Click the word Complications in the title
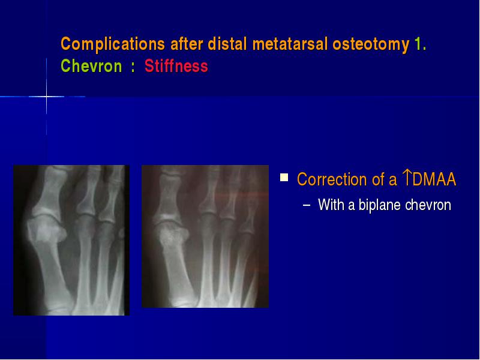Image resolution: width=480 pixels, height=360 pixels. [x=113, y=44]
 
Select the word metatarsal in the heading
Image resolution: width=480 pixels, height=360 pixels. [x=290, y=44]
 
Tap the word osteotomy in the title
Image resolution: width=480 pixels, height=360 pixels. [x=371, y=44]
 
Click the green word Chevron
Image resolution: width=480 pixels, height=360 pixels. [x=92, y=66]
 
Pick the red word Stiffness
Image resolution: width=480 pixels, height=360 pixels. [x=176, y=66]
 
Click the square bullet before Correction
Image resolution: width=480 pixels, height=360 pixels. [x=284, y=178]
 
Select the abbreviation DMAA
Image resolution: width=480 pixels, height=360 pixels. [x=434, y=179]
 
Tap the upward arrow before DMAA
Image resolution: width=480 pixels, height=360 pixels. [x=407, y=178]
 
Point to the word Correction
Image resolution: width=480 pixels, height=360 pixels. [x=332, y=179]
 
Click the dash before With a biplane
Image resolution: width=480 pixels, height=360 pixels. [x=306, y=205]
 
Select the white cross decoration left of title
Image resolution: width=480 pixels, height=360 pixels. [x=47, y=97]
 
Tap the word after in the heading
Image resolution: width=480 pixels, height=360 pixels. [x=187, y=44]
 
